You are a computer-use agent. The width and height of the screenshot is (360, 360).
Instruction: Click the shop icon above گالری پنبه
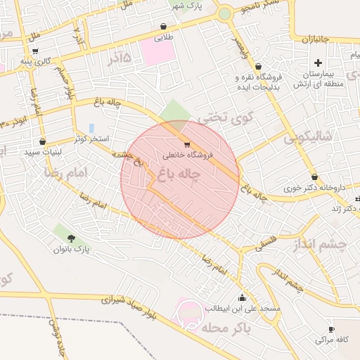tap(34, 51)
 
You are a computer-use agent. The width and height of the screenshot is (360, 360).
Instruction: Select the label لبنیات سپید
tap(44, 151)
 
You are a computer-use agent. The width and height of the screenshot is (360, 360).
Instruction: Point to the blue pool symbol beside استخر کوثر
tap(91, 128)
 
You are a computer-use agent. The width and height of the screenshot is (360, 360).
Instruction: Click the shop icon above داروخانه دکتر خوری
tap(314, 177)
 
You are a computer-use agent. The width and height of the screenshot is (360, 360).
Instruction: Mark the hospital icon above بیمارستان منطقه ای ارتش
tap(338, 53)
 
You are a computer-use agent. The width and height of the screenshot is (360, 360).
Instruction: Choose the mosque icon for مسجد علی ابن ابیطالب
tap(243, 297)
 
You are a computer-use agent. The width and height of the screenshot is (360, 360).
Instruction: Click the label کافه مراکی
tap(324, 340)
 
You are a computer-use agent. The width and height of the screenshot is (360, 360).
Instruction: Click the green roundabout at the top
tap(224, 13)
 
